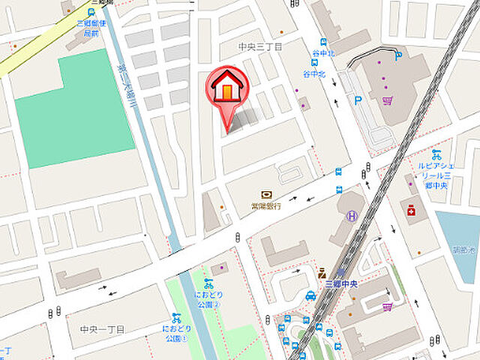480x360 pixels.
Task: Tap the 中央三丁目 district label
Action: [x=260, y=47]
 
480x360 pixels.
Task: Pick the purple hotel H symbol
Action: [x=352, y=217]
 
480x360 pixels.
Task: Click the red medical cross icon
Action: [x=410, y=211]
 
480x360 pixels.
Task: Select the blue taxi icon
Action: [x=310, y=295]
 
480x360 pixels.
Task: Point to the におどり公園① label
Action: [x=175, y=333]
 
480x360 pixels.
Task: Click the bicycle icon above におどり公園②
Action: [x=208, y=283]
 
